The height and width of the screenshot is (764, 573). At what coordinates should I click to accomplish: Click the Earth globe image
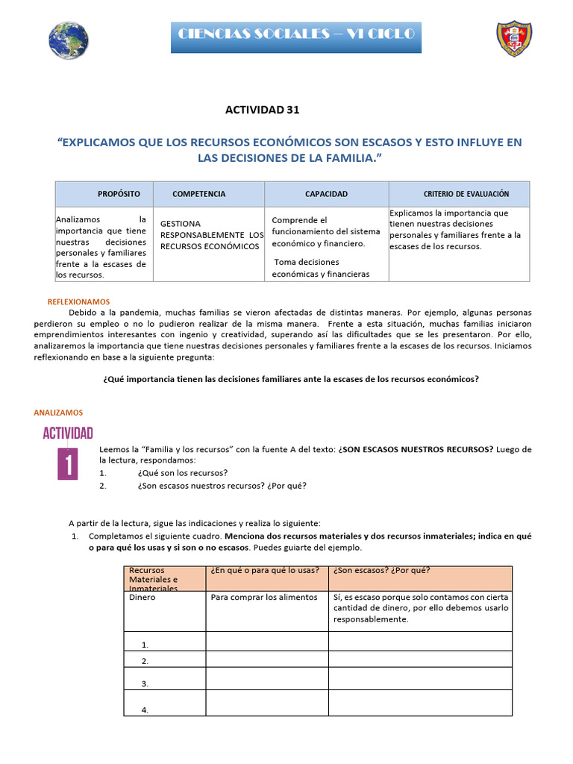click(68, 40)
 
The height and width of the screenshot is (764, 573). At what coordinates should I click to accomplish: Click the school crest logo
click(514, 39)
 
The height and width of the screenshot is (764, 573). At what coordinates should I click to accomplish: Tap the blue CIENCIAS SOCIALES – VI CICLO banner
click(296, 35)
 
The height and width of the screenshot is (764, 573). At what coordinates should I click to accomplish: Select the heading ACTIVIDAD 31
click(262, 110)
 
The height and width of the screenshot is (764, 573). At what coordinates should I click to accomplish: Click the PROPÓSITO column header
click(119, 194)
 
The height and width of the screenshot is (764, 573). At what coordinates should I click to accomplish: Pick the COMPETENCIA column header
click(198, 194)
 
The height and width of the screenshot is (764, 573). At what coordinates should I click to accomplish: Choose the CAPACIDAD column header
click(326, 194)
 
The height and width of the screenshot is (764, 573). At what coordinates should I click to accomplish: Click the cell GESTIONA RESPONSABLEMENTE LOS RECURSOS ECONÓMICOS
click(212, 235)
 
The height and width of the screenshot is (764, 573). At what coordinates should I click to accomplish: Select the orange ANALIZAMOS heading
click(58, 412)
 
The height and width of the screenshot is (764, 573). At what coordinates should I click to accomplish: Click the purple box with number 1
click(68, 463)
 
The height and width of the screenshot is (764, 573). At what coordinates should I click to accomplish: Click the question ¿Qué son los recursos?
click(183, 473)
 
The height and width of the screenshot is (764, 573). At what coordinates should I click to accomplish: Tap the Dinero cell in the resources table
click(143, 597)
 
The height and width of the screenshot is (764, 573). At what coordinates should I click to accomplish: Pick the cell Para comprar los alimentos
click(264, 597)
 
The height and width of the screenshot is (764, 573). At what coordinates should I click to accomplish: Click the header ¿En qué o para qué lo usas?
click(265, 572)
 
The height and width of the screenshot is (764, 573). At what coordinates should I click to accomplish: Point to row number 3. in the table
click(145, 683)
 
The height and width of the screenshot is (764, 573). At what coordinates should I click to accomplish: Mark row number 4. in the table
click(145, 710)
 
